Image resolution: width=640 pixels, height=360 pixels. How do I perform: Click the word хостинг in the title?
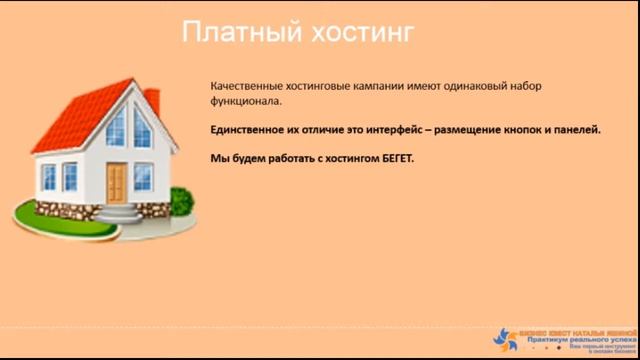[x=360, y=34]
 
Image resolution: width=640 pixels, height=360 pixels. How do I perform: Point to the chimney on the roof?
[x=152, y=102]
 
